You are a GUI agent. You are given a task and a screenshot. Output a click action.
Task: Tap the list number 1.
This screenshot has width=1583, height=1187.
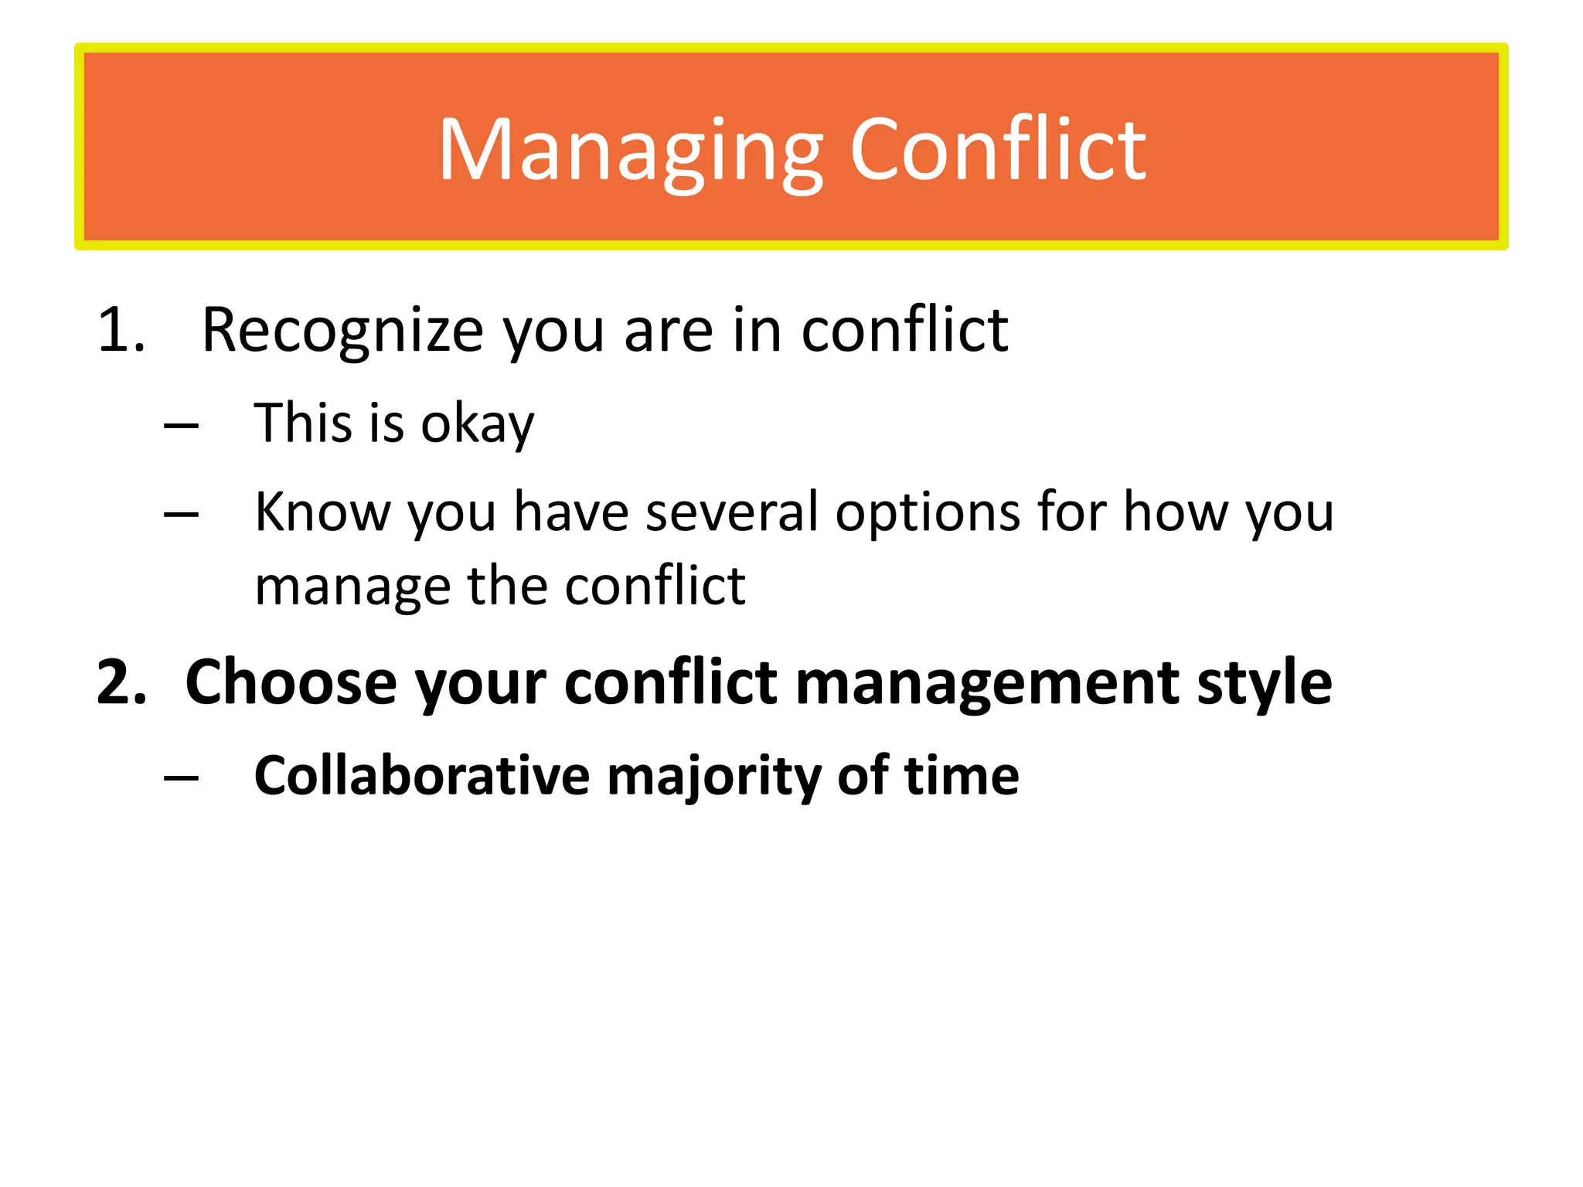121,331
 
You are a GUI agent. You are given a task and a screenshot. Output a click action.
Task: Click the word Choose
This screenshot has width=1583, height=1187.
291,682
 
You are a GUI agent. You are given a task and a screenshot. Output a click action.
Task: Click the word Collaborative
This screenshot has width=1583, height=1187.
421,775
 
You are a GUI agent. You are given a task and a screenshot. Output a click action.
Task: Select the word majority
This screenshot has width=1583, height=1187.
713,777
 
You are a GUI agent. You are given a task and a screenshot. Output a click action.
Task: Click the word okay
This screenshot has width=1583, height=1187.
477,424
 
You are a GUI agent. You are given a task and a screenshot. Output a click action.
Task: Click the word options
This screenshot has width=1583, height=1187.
928,513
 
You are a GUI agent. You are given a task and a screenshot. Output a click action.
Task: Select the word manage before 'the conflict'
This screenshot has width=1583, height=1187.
352,587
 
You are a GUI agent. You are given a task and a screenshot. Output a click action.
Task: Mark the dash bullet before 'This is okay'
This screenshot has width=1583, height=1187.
182,426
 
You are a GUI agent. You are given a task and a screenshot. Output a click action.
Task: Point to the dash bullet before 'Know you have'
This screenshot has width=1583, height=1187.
182,515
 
